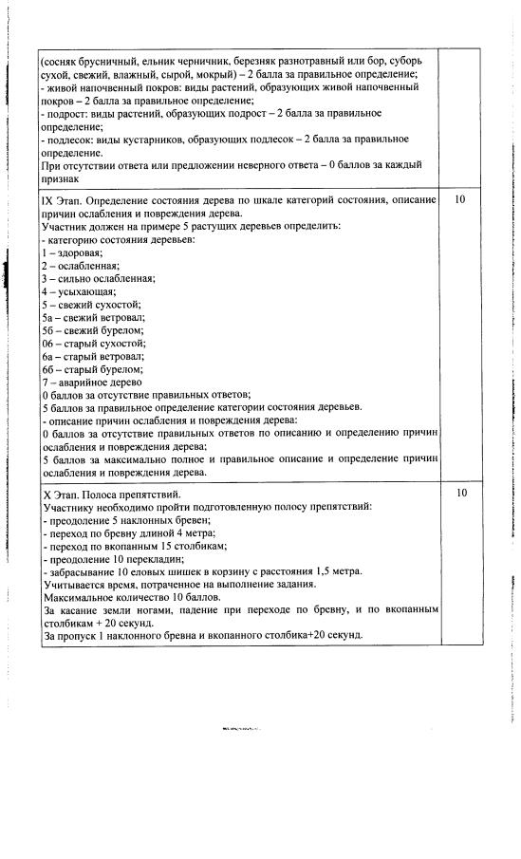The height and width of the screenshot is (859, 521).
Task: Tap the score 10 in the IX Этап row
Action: [461, 201]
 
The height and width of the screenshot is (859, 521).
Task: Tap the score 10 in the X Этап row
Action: [461, 494]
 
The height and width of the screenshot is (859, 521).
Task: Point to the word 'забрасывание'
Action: [82, 572]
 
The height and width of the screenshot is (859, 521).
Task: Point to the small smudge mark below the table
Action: [241, 728]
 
